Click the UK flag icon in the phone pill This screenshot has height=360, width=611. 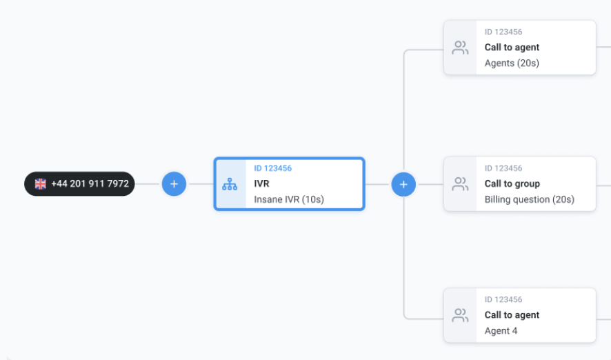coord(41,184)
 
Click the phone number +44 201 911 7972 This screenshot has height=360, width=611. coord(90,184)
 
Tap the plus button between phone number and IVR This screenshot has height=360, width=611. coord(174,184)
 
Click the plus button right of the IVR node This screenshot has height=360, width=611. coord(403,184)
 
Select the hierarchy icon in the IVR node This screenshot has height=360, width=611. coord(230,185)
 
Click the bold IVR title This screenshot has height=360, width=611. coord(261,184)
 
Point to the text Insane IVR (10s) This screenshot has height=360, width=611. coord(288,199)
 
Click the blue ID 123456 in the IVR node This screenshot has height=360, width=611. coord(272,168)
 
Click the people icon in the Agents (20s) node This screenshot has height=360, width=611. coord(460,48)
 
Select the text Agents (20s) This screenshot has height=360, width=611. coord(512,63)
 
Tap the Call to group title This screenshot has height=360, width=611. coord(512,183)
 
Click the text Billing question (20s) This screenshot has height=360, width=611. coord(529,199)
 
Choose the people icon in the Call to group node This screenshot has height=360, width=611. coord(460,184)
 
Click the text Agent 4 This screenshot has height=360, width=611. coord(501,330)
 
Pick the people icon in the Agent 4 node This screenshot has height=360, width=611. coord(460,315)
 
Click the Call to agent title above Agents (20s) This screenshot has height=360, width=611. coord(512,48)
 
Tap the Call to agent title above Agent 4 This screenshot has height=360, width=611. coord(512,315)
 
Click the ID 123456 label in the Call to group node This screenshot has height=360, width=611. coord(503,168)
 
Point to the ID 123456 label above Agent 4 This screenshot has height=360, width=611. coord(503,299)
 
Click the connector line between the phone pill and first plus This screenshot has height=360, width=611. coord(148,184)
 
